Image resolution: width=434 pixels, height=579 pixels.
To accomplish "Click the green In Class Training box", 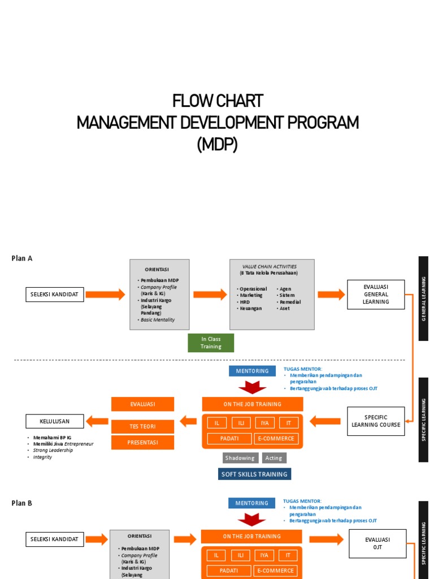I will (210, 343).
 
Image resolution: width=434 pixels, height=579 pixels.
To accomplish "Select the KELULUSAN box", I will (54, 421).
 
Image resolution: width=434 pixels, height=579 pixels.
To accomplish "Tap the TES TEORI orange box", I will (142, 426).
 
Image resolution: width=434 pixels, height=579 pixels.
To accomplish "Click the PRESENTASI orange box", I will (142, 442).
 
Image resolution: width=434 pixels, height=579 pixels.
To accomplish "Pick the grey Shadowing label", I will (240, 458).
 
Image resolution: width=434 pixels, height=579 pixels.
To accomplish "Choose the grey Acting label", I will (274, 458).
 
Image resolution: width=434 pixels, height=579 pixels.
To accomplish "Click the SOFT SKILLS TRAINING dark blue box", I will (254, 474).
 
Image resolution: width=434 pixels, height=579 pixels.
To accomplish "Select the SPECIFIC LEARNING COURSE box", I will (376, 421).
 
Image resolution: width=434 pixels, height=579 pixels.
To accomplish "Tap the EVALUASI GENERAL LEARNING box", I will (376, 294).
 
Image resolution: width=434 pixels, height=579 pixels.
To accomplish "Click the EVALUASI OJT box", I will (377, 543).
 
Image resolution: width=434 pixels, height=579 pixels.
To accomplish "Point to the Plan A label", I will (22, 258).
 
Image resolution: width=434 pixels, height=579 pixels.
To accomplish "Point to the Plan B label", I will (22, 503).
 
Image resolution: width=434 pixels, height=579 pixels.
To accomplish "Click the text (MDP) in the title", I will (217, 145).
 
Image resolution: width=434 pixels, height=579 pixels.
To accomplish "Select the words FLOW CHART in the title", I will (217, 101).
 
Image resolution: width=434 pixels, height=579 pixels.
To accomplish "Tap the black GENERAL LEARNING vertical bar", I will (423, 299).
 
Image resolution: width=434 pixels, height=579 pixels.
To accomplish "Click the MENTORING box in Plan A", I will (252, 371).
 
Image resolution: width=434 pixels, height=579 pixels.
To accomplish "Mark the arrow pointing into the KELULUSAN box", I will (97, 421).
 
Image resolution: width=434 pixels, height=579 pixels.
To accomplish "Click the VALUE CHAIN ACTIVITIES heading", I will (269, 266).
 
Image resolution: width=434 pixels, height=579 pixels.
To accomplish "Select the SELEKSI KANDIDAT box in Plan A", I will (55, 294).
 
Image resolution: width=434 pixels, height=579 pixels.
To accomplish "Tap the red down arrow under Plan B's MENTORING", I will (251, 518).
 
